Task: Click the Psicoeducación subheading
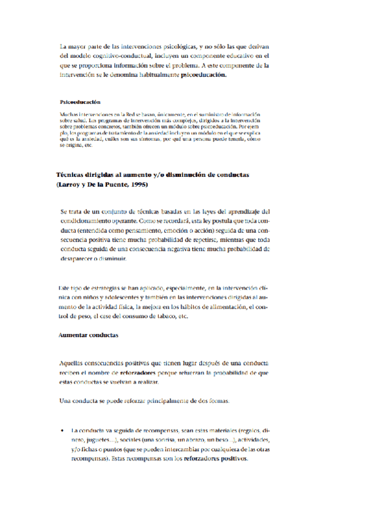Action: click(80, 102)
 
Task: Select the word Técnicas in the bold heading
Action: click(72, 175)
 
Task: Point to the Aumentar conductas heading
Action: click(88, 335)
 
